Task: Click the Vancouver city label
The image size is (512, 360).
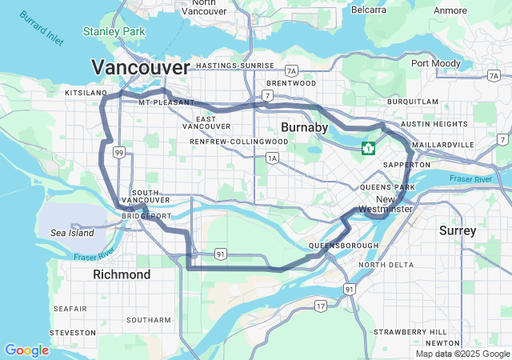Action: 141,66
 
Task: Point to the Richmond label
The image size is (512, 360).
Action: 122,274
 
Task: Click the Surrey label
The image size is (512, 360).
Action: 458,230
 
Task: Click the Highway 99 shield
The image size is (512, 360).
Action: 118,152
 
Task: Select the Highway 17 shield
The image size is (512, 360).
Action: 320,306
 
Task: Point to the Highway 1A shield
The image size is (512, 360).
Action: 273,158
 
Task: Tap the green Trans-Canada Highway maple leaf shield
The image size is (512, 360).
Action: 369,148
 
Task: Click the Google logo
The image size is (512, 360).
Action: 26,350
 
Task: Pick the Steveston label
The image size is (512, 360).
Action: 72,332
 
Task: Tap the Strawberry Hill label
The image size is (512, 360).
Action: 410,331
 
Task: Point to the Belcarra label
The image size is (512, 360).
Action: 368,10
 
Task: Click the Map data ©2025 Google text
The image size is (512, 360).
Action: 462,354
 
